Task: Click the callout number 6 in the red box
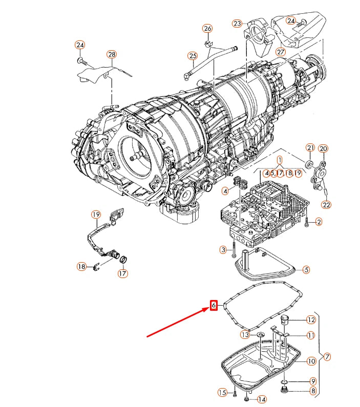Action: click(214, 306)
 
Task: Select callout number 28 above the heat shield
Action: click(112, 54)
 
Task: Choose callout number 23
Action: click(237, 24)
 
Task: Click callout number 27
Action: click(280, 51)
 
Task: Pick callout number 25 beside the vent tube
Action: click(193, 55)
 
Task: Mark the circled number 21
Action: click(310, 148)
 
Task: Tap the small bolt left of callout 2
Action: click(306, 222)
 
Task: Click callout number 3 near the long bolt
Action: click(223, 249)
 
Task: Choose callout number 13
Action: click(245, 334)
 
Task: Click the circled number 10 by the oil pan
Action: click(311, 361)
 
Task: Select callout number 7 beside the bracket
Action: click(327, 356)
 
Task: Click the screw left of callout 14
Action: click(247, 398)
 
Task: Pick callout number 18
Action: click(81, 266)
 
